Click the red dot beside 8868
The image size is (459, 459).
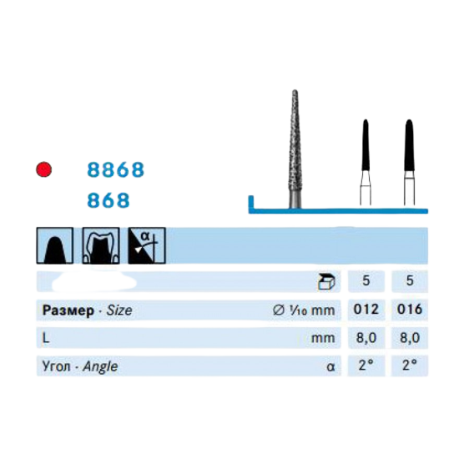click(x=44, y=169)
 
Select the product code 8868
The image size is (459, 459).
click(x=116, y=169)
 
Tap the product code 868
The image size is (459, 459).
click(x=108, y=200)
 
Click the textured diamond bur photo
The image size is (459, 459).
click(x=295, y=149)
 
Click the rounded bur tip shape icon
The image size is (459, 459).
click(x=55, y=245)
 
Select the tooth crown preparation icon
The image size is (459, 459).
click(x=101, y=245)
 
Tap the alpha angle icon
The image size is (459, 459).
click(x=147, y=245)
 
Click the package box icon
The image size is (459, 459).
click(x=326, y=281)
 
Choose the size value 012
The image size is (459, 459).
click(x=366, y=309)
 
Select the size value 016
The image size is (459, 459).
click(x=410, y=309)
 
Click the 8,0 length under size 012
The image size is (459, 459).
click(x=366, y=338)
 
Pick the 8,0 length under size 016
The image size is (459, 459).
click(x=410, y=338)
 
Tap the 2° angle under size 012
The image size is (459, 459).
click(x=366, y=366)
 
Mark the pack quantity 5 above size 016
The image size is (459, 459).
click(x=410, y=280)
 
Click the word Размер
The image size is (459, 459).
click(x=68, y=310)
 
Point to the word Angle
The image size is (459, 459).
click(x=100, y=367)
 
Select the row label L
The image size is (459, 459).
click(x=46, y=338)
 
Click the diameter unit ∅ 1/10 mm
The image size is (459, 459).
click(x=304, y=310)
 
